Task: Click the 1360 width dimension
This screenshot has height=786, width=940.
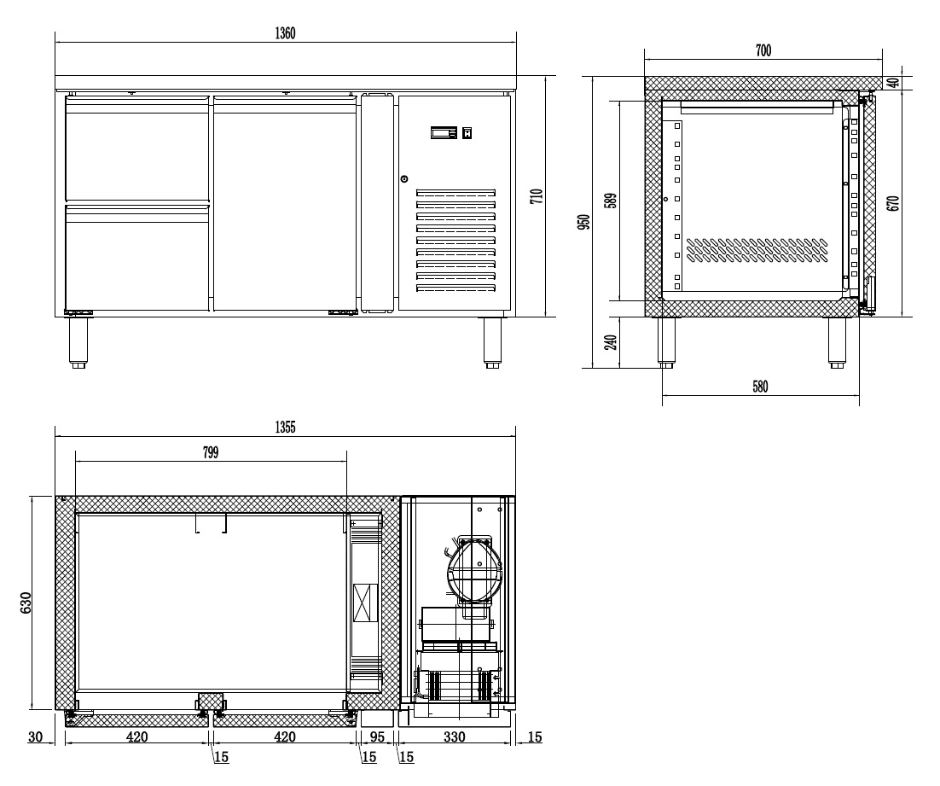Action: [286, 33]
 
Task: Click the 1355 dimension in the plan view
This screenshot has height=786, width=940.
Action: [286, 428]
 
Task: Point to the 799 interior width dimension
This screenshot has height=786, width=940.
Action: [211, 452]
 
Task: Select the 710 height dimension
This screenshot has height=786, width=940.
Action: [537, 196]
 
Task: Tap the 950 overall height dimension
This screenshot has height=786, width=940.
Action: [584, 222]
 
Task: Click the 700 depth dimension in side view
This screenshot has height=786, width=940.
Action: [763, 50]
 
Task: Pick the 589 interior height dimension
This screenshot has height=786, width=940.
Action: [610, 201]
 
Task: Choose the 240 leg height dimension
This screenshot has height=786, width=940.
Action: [610, 342]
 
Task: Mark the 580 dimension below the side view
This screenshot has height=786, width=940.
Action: [760, 387]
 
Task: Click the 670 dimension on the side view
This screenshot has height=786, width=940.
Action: [893, 203]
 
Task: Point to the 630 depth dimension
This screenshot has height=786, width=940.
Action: [26, 603]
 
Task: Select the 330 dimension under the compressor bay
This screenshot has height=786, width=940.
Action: [454, 737]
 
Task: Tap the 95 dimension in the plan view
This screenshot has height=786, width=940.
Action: [376, 737]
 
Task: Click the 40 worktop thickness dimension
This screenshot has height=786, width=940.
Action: [893, 83]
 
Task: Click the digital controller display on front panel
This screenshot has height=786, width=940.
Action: [444, 132]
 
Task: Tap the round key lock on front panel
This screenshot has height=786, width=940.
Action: [404, 178]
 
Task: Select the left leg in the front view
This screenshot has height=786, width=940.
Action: [78, 342]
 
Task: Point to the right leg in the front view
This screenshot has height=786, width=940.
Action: [492, 342]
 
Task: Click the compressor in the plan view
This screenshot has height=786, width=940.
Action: [472, 568]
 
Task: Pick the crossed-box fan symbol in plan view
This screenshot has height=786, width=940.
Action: [364, 603]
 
